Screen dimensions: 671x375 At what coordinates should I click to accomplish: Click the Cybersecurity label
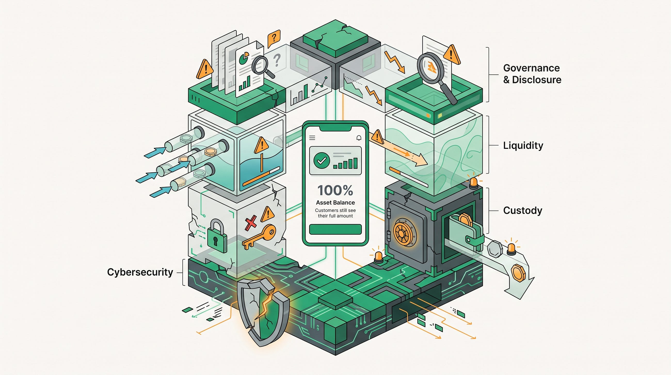[140, 272]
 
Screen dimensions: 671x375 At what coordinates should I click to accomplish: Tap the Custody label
[523, 210]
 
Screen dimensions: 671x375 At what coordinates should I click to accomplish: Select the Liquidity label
[523, 145]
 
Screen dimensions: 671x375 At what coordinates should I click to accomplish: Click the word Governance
[531, 68]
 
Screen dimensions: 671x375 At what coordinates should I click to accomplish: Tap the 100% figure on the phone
[335, 190]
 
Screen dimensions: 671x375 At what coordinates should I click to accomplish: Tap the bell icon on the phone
[359, 138]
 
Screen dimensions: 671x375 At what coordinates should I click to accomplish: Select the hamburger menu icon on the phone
[312, 138]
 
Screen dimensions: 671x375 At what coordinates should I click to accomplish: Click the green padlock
[217, 236]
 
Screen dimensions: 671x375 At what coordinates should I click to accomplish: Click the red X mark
[251, 223]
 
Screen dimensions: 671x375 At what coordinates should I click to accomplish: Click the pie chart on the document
[244, 58]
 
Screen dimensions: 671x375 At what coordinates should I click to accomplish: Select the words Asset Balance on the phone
[335, 203]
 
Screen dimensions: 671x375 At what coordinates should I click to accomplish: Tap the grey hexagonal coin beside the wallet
[495, 249]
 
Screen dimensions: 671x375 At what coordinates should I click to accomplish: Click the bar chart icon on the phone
[345, 163]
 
